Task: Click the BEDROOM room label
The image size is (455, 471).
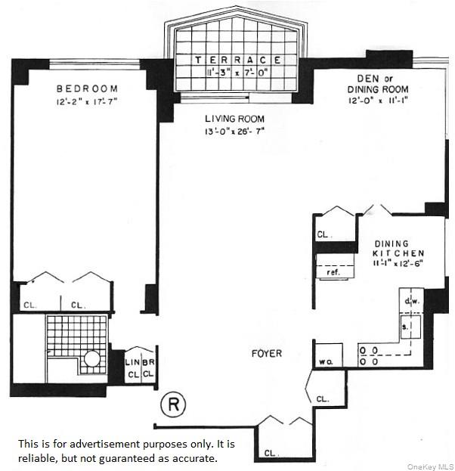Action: tap(86, 88)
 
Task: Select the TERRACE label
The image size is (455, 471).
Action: tap(238, 60)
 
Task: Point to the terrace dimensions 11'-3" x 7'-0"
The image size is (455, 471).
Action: tap(237, 73)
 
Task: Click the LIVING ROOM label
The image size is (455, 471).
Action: tap(234, 119)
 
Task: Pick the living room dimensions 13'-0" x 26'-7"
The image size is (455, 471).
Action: tap(234, 132)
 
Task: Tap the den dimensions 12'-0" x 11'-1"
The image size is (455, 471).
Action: tap(378, 100)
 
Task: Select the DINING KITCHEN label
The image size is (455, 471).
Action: tap(399, 249)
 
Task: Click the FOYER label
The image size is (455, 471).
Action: tap(267, 353)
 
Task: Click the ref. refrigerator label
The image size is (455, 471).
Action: tap(333, 271)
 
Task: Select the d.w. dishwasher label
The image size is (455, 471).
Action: tap(412, 302)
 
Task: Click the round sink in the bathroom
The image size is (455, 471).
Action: tap(92, 358)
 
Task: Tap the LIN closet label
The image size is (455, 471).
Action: tap(132, 363)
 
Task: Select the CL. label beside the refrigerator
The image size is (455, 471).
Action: tap(323, 235)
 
